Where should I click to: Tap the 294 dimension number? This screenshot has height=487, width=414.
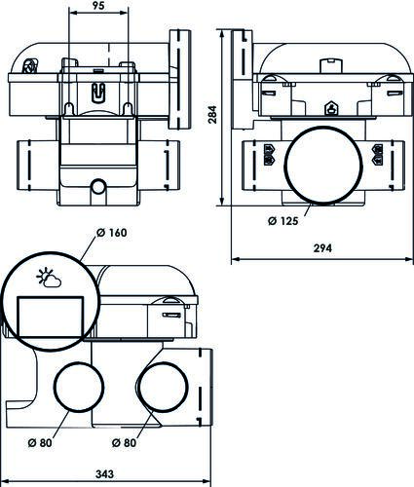[321, 248]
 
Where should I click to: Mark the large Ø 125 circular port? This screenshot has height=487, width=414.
[321, 162]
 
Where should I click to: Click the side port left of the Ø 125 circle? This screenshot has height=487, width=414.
[266, 155]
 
